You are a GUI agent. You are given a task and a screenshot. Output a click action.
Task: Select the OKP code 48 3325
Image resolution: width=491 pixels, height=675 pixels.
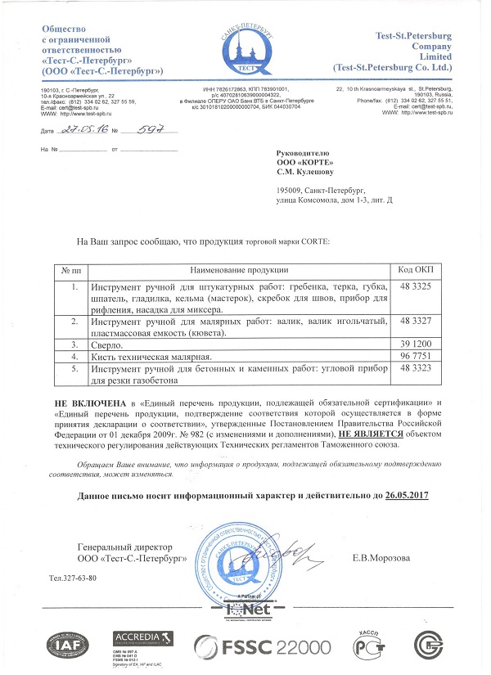coord(416,287)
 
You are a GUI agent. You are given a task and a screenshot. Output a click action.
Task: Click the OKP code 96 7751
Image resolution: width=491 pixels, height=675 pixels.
coord(416,358)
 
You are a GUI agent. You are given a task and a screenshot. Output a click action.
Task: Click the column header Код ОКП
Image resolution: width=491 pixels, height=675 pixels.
coord(416,270)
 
